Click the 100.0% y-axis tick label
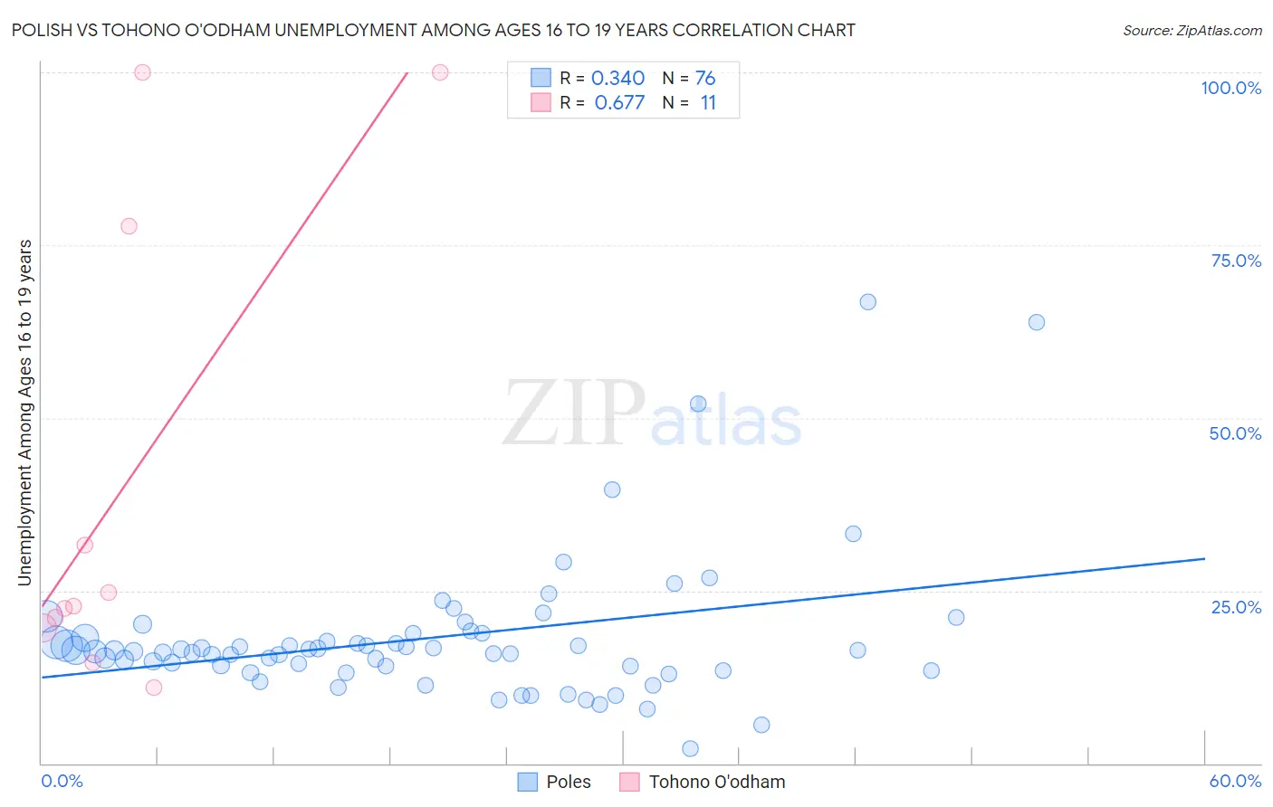coord(1230,88)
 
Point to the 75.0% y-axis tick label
coord(1235,261)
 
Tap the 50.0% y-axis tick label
coord(1234,433)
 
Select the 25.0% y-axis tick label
coord(1235,607)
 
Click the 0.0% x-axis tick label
coord(62,781)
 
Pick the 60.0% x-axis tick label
coord(1235,781)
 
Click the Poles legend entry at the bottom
coord(554,782)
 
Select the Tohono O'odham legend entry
coord(703,782)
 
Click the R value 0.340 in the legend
coord(617,79)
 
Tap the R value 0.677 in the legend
coord(619,103)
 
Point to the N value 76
coord(705,79)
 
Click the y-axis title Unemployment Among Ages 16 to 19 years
coord(25,413)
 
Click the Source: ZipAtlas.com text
coord(1192,31)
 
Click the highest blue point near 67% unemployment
coord(867,302)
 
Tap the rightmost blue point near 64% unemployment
coord(1037,322)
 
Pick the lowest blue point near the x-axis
coord(690,748)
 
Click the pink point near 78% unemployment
coord(129,226)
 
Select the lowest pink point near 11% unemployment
coord(154,688)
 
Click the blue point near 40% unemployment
coord(612,489)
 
